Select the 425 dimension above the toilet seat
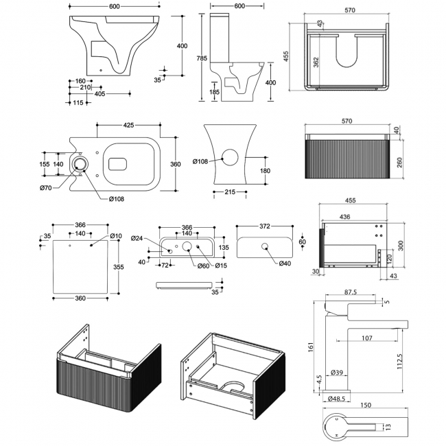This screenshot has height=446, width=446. (x=128, y=126)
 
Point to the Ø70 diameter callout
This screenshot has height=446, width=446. (x=46, y=188)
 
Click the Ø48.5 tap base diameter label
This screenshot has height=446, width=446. (x=336, y=398)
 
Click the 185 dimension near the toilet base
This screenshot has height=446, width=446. (x=214, y=91)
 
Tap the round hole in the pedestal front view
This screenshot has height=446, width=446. (x=235, y=157)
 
